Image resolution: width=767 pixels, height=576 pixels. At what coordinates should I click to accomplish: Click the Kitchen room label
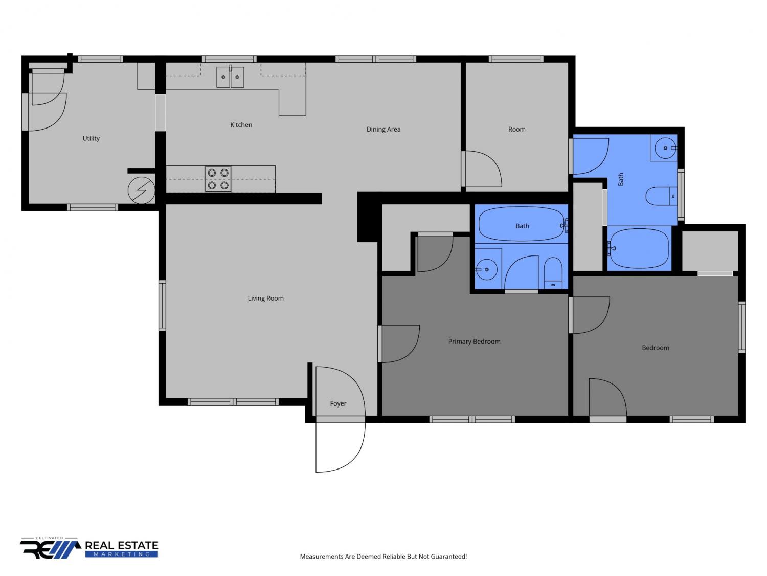point(241,125)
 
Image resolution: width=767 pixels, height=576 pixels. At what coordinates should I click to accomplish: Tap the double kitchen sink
point(230,77)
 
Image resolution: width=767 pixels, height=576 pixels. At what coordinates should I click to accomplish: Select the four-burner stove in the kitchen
point(218,179)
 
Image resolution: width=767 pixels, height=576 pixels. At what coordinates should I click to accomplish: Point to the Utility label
point(91,138)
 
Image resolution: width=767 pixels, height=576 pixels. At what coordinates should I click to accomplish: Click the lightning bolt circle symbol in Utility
point(141,190)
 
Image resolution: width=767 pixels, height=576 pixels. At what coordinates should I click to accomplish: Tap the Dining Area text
point(383,129)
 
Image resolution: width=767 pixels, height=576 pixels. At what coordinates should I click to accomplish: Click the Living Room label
point(265,298)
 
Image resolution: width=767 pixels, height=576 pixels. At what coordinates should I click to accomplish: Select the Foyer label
point(338,403)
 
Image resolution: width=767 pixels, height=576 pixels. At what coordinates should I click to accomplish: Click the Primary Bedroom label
point(474,342)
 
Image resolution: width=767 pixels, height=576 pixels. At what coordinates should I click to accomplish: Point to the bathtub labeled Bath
point(522,224)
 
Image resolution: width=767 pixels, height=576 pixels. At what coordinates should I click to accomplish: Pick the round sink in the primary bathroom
point(486,269)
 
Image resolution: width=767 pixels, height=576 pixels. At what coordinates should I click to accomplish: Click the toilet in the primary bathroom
point(553,273)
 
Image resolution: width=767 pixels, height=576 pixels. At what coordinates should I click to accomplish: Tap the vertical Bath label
point(621,179)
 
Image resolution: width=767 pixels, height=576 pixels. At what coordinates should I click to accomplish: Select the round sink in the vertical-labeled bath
point(665,148)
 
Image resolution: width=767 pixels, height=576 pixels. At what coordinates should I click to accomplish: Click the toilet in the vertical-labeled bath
point(661,196)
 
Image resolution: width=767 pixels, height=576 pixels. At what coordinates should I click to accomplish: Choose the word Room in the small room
point(516,129)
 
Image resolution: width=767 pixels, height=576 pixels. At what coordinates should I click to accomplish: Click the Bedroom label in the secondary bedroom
point(655,348)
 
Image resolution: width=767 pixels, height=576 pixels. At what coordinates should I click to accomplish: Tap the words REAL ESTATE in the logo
point(121,545)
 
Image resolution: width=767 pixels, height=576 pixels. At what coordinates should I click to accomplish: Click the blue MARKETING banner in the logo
point(121,554)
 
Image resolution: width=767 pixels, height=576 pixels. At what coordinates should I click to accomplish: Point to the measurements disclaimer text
point(383,557)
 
